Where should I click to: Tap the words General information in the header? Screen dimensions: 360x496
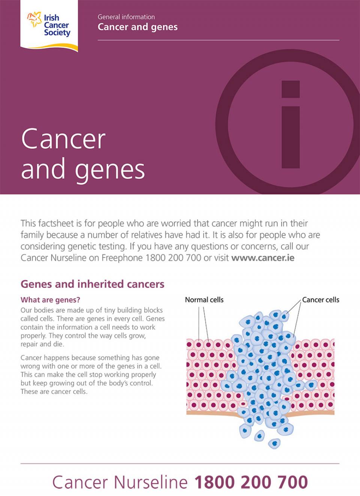tap(126, 17)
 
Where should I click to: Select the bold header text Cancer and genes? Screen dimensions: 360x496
tap(138, 27)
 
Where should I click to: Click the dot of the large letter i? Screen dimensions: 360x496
tap(291, 89)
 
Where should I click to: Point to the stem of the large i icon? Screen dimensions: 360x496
tap(291, 137)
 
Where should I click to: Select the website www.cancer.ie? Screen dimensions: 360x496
tap(263, 258)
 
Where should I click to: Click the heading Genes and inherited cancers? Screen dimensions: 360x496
tap(93, 284)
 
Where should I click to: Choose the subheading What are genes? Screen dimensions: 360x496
tap(50, 300)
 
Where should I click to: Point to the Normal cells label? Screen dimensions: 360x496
tap(204, 300)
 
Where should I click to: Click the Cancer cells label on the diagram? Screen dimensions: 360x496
tap(321, 300)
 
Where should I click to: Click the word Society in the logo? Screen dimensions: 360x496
tap(57, 33)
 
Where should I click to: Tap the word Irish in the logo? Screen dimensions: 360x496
tap(51, 18)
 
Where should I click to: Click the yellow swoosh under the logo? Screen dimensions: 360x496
tap(49, 47)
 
